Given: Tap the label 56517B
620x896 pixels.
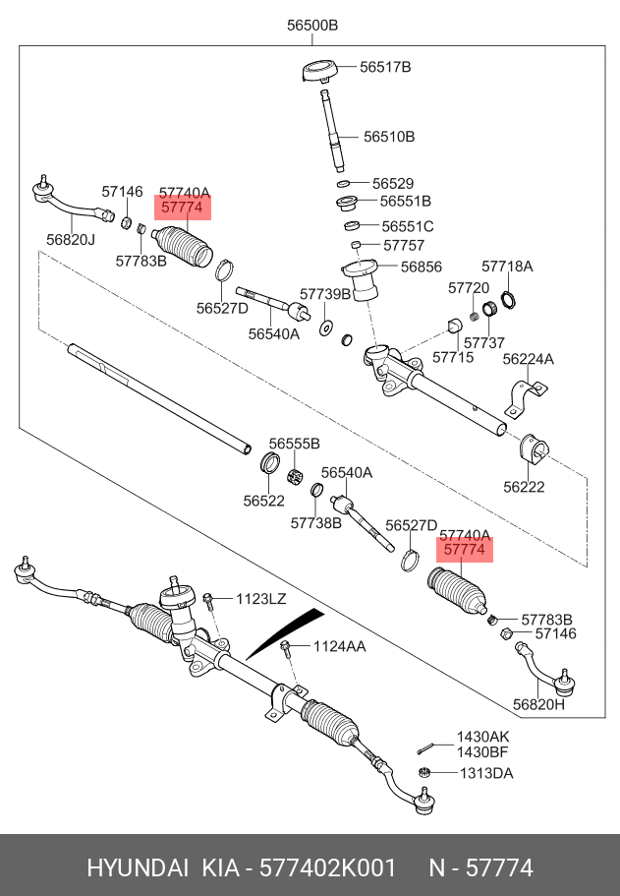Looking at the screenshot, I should [x=385, y=67].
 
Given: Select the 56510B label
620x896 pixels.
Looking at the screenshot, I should [x=389, y=137].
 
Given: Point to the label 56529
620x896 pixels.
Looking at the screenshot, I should [x=392, y=183].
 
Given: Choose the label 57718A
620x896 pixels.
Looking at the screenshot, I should [x=507, y=267].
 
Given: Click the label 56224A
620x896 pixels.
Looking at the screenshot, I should [x=528, y=359].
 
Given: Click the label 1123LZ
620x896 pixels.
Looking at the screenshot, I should [x=260, y=599].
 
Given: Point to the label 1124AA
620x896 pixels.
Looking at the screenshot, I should [x=339, y=646].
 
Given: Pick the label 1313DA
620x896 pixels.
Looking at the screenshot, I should [x=486, y=773].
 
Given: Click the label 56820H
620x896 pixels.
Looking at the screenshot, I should [x=538, y=704].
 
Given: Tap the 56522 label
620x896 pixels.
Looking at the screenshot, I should [x=263, y=500].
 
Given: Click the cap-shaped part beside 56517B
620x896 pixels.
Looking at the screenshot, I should [x=320, y=74].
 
